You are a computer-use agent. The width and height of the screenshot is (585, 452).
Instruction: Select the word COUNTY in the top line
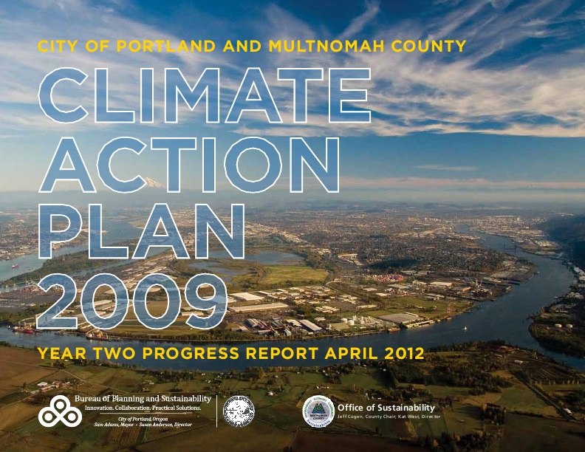point(426,47)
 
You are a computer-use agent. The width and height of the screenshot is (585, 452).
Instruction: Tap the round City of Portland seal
point(239,411)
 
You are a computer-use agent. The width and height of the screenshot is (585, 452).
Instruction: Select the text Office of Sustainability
point(386,408)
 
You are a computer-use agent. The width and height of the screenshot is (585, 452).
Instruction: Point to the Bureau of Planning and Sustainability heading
point(143,399)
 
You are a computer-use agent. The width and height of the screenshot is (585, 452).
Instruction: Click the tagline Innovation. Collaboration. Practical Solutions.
point(143,408)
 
